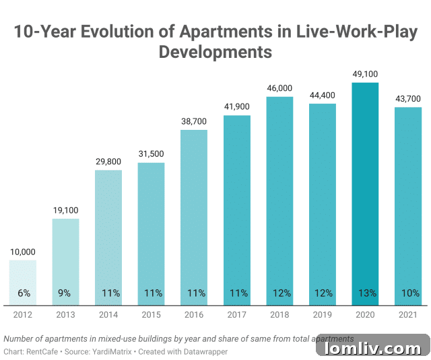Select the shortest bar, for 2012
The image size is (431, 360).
tap(23, 283)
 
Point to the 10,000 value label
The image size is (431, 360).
tap(23, 252)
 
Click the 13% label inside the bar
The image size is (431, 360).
tap(365, 293)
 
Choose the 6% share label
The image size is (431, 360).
tap(23, 293)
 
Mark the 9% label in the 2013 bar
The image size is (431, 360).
tap(65, 293)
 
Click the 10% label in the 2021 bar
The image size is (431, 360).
tap(408, 293)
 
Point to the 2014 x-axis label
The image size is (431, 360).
tap(108, 314)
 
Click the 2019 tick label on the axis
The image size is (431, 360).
tap(322, 314)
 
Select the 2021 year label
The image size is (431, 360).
tap(408, 314)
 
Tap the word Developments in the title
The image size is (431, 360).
tap(215, 52)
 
